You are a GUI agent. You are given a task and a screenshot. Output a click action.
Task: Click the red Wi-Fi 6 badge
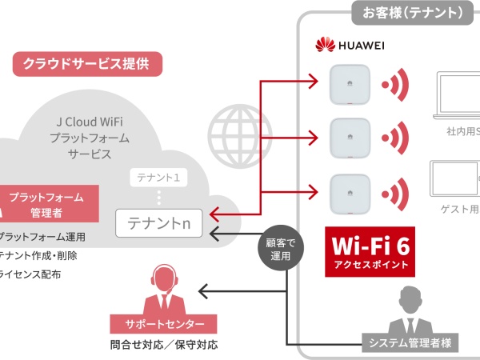pos(370,251)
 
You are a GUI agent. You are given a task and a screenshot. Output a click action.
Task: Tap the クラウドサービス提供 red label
pos(86,64)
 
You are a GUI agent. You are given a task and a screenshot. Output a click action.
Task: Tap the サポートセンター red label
pos(163,325)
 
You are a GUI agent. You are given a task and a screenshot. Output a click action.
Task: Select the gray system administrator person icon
pos(410,313)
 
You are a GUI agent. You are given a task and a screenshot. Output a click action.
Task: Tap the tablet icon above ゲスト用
pos(456,180)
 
